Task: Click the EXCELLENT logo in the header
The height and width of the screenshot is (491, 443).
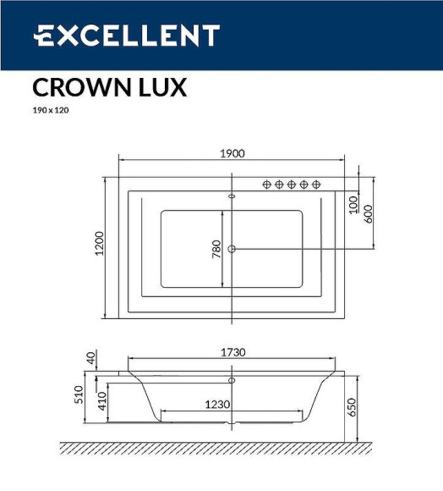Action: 126,36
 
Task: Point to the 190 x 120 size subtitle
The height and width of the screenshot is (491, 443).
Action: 50,109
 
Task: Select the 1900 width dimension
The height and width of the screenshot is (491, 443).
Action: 231,153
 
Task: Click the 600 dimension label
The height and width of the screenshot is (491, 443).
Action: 369,213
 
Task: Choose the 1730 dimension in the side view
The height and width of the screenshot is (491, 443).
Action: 231,351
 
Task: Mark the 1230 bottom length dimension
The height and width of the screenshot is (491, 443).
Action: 217,405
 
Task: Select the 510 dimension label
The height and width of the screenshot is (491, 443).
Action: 79,395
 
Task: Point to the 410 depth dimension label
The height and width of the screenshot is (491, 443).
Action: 101,400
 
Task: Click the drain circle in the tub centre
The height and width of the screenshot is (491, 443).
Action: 232,248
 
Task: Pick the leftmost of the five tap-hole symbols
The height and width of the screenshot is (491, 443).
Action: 267,184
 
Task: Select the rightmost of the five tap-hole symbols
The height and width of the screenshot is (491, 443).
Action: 315,184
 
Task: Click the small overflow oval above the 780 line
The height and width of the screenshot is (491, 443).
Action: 232,196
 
